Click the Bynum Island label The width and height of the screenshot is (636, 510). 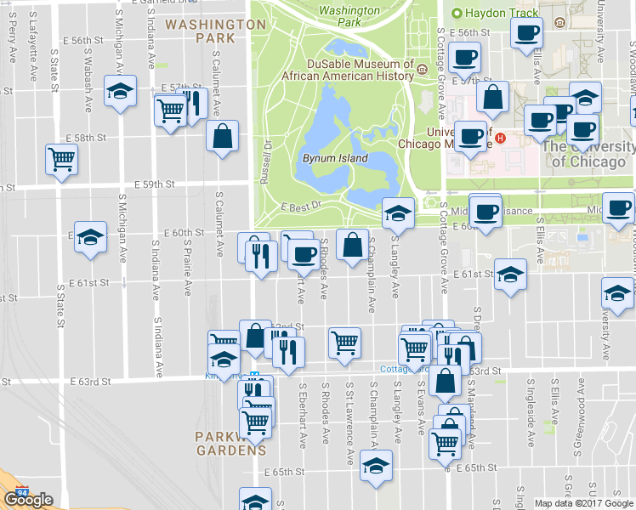tap(335, 158)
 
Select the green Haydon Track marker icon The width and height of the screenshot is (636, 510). tap(457, 14)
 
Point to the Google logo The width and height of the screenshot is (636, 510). tap(28, 500)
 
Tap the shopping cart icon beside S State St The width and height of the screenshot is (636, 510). tap(61, 159)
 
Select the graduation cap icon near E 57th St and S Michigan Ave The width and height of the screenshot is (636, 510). tap(120, 89)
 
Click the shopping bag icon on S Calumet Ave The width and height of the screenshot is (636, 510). tap(222, 136)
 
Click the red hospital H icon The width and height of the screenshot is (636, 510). tap(501, 138)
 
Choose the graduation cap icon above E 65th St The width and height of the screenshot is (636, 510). tap(376, 465)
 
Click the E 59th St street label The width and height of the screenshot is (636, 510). tap(154, 184)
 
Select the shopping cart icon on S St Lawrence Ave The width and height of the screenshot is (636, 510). tap(344, 343)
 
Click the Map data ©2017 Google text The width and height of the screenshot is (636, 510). tap(583, 503)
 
